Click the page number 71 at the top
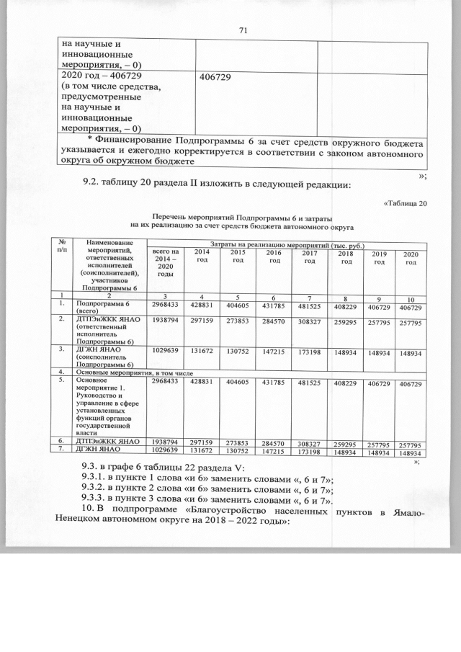pyautogui.click(x=242, y=30)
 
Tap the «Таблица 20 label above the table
pyautogui.click(x=400, y=202)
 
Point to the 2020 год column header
pyautogui.click(x=411, y=258)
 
